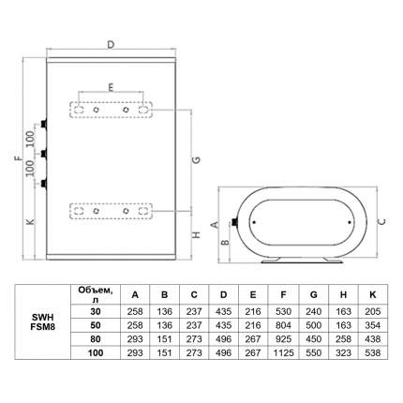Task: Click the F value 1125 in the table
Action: point(283,352)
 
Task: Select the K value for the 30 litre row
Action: point(373,311)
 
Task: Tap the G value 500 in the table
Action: point(313,325)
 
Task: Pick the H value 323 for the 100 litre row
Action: point(343,352)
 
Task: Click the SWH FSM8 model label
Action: point(42,321)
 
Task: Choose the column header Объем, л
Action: point(96,294)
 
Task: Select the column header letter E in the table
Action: point(253,295)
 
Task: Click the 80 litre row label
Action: point(96,339)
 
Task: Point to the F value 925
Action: point(283,339)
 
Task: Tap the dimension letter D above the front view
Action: point(111,45)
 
